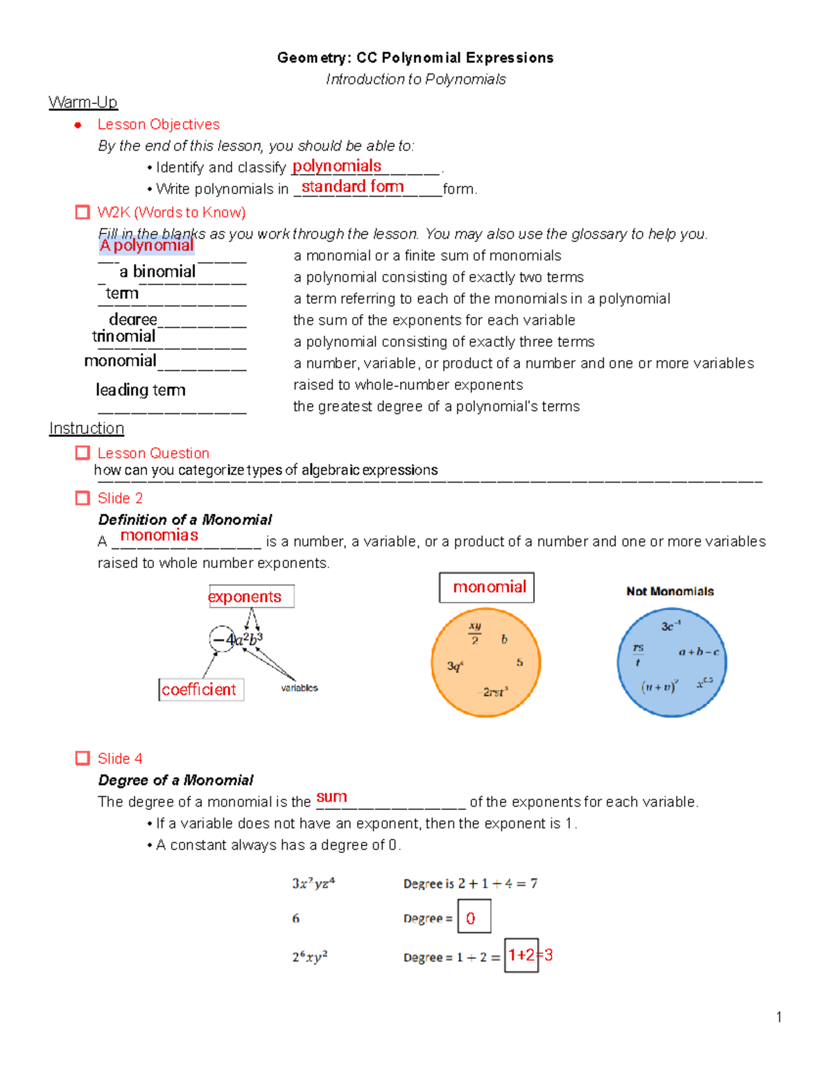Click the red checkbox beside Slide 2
tap(83, 498)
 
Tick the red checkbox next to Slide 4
tap(83, 758)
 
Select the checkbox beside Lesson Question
tap(83, 453)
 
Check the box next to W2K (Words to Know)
tap(83, 212)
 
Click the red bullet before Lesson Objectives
tap(78, 125)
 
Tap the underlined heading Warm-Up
tap(83, 103)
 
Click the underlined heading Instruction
tap(87, 429)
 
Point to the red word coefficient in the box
tap(199, 689)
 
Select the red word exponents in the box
tap(245, 596)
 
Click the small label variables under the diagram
tap(300, 688)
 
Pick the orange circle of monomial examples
tap(485, 662)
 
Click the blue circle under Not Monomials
tap(672, 662)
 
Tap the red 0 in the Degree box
tap(471, 918)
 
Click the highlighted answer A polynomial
tap(146, 245)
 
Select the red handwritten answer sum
tap(331, 798)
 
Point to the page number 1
tap(779, 1017)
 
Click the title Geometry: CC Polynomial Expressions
tap(415, 58)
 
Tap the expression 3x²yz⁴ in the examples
tap(313, 884)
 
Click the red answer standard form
tap(352, 187)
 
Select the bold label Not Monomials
tap(670, 592)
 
